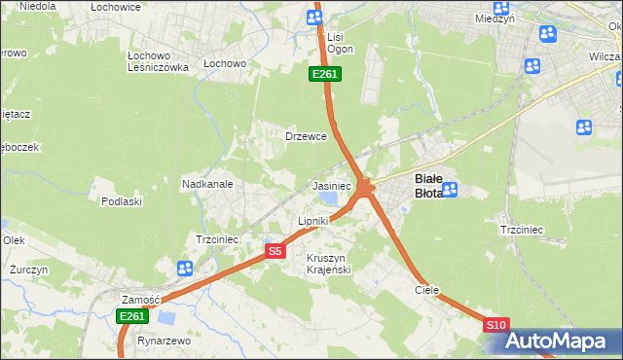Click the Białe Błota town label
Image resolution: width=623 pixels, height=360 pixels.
(429, 185)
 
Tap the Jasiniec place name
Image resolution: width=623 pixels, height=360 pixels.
(331, 185)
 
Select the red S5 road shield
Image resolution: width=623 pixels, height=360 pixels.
(275, 251)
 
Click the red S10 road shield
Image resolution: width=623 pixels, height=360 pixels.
(495, 325)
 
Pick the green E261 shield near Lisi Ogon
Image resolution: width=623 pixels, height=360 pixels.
(324, 74)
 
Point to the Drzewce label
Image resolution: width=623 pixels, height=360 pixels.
(305, 136)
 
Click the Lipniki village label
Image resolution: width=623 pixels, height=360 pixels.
(312, 222)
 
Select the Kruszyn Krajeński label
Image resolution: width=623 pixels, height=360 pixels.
(328, 264)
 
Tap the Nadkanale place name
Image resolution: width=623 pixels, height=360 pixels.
(206, 183)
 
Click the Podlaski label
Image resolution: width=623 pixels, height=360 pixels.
(122, 201)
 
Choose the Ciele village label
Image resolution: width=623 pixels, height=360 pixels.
(426, 290)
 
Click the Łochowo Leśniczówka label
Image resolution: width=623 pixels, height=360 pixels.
(158, 61)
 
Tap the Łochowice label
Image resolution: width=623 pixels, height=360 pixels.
(116, 7)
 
